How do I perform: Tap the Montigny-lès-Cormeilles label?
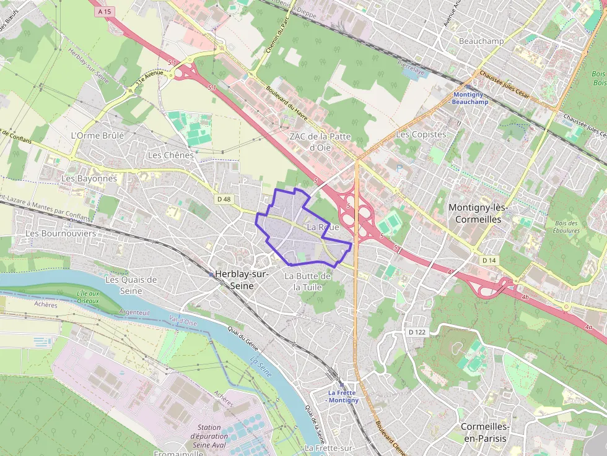click(x=478, y=213)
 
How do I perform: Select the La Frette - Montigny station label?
click(x=343, y=396)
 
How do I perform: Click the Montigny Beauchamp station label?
click(x=471, y=98)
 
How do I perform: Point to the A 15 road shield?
click(x=103, y=11)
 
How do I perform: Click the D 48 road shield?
click(x=224, y=199)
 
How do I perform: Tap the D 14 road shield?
click(x=489, y=260)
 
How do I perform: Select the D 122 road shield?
click(x=417, y=332)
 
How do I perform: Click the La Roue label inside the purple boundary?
click(x=323, y=227)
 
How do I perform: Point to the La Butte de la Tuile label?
click(x=308, y=281)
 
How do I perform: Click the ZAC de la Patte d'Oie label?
click(x=320, y=141)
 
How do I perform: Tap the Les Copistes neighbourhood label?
click(x=421, y=134)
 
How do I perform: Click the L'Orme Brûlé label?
click(x=97, y=135)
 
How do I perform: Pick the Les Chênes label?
click(x=170, y=155)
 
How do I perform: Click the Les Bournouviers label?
click(x=61, y=233)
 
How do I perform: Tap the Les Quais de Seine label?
click(x=131, y=285)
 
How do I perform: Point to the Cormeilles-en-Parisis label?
click(x=484, y=432)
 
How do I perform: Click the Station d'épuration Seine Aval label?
click(x=209, y=436)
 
